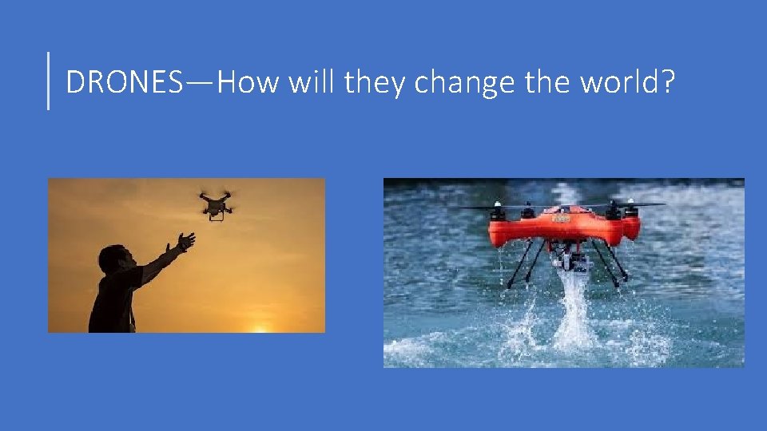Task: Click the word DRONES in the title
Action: [x=124, y=81]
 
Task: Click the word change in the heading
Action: [x=464, y=81]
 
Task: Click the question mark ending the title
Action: [x=666, y=81]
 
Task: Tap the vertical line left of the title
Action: [x=49, y=80]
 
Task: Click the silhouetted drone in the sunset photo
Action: [x=216, y=203]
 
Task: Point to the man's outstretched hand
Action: [x=186, y=240]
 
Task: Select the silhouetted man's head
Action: [x=113, y=259]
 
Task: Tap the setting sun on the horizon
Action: [x=260, y=328]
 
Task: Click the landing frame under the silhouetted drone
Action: [x=216, y=215]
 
